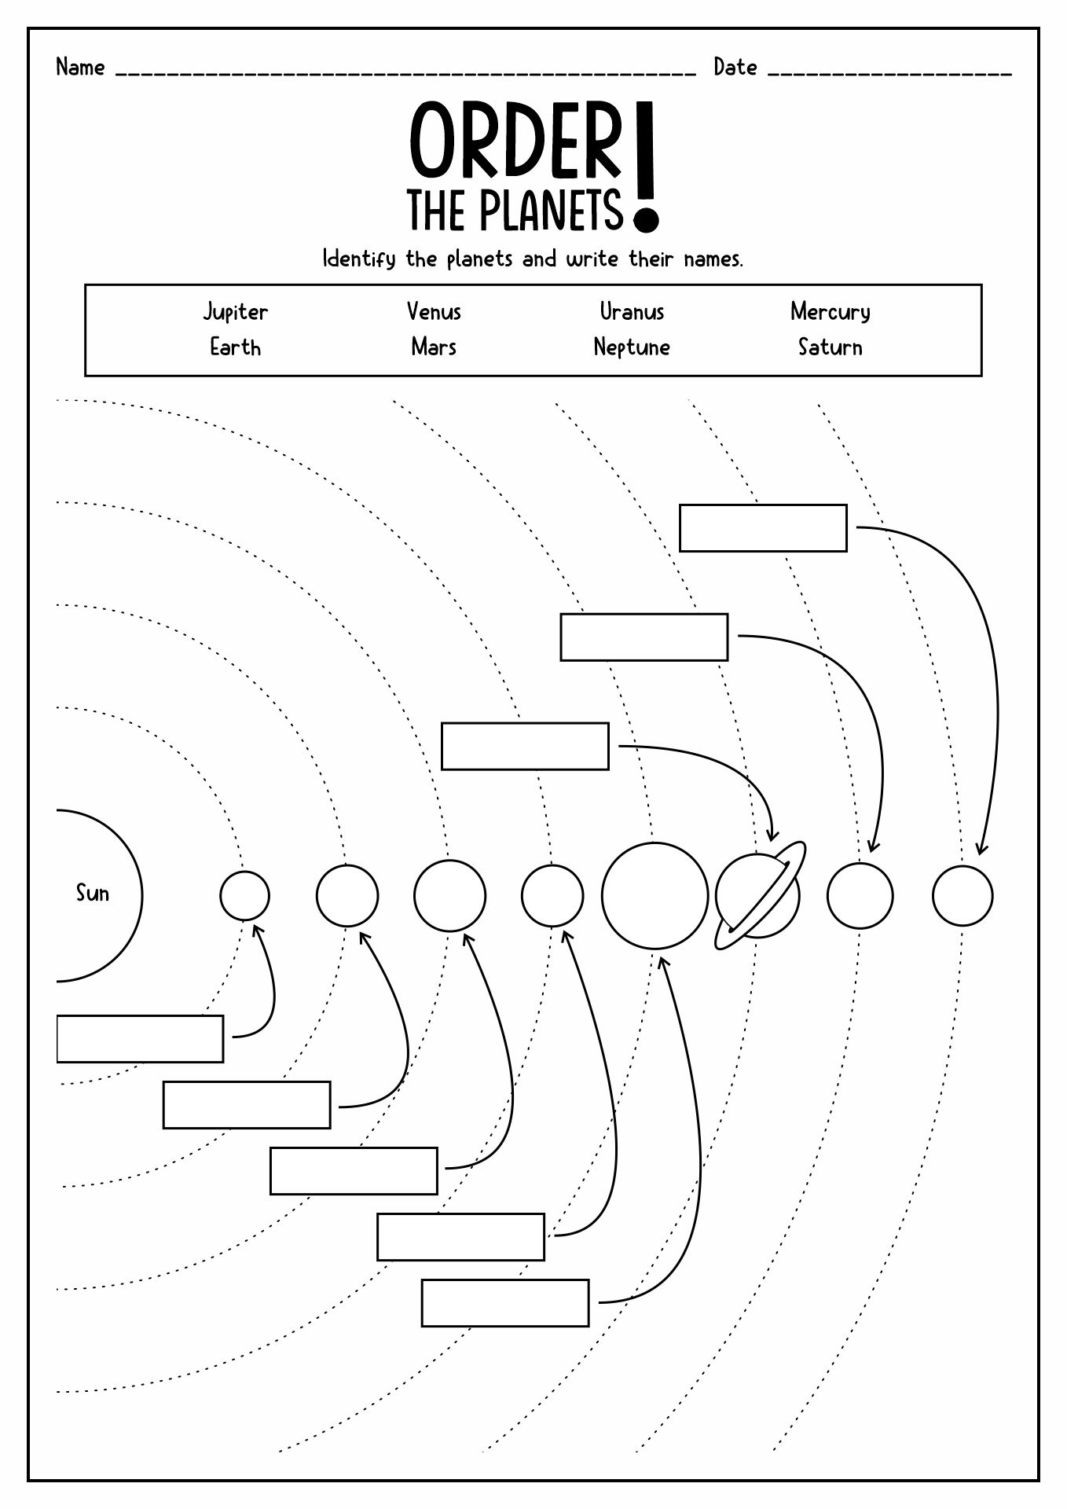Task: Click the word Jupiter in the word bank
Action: [235, 312]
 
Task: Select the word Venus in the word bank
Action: [434, 311]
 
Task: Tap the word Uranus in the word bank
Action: [632, 311]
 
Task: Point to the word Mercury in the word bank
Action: [830, 312]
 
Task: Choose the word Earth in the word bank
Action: [235, 347]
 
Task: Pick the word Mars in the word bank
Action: [434, 347]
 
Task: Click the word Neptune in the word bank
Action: [632, 347]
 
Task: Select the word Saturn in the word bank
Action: [830, 347]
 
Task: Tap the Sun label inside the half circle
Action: [92, 893]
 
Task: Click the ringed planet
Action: [758, 896]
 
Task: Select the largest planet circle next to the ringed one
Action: [654, 895]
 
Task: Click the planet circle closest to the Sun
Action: [244, 895]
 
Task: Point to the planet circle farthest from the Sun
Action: [962, 895]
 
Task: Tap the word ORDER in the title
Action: [515, 141]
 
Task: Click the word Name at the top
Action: [80, 68]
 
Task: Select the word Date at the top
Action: [735, 68]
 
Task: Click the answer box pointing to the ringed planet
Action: [525, 746]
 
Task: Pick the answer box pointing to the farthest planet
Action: [763, 528]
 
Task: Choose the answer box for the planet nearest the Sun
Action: [140, 1038]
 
